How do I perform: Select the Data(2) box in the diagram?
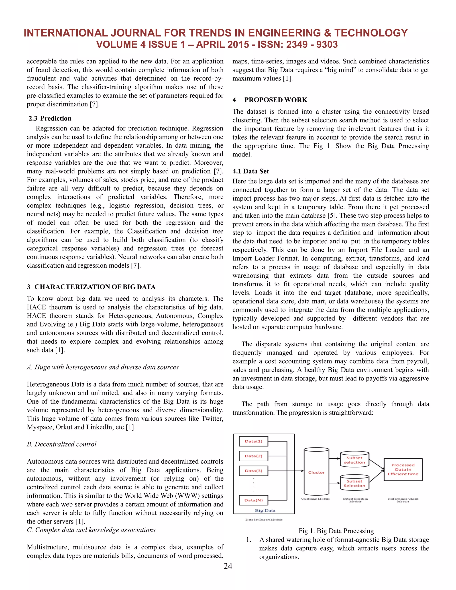253,456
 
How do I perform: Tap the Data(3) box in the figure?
253,471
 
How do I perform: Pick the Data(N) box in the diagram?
253,500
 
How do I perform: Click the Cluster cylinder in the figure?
316,472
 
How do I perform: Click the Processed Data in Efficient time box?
403,470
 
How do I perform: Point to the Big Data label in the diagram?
265,510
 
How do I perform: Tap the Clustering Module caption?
315,499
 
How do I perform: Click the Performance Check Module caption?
403,500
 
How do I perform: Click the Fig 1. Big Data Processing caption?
336,531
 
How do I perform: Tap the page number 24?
228,566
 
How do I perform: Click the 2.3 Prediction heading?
50,118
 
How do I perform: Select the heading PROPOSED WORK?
276,100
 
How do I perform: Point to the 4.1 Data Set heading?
250,171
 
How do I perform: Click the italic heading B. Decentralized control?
62,444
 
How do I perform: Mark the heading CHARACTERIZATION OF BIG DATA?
95,287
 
